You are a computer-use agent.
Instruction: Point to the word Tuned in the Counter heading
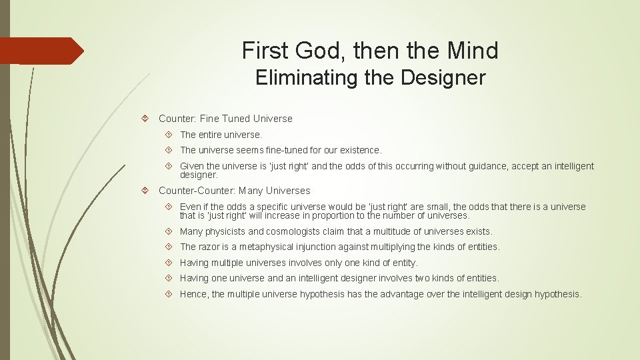pyautogui.click(x=237, y=119)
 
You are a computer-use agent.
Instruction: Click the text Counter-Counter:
pyautogui.click(x=197, y=191)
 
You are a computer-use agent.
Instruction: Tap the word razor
pyautogui.click(x=211, y=247)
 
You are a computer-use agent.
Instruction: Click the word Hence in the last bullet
pyautogui.click(x=193, y=294)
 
